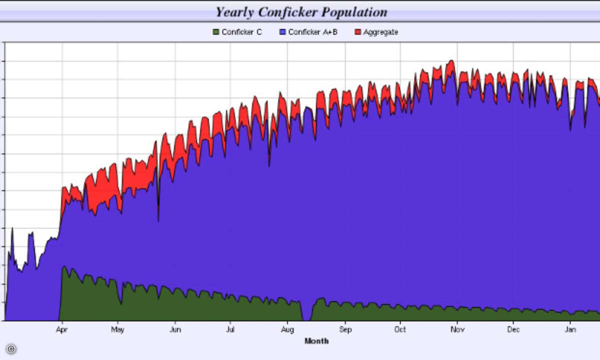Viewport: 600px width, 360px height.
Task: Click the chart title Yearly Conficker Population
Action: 301,11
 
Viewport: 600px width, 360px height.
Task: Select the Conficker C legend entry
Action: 241,32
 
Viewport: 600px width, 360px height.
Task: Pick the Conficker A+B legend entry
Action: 312,32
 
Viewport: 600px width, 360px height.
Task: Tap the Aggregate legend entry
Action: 380,32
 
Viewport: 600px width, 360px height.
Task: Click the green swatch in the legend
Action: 216,32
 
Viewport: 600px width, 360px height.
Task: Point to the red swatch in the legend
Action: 358,32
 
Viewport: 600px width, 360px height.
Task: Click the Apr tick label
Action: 62,329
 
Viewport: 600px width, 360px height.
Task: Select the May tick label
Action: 117,329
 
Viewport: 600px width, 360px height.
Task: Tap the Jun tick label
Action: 175,329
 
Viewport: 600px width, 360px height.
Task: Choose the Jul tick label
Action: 230,329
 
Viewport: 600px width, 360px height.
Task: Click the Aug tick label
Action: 287,329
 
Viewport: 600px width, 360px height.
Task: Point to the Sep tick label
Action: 345,329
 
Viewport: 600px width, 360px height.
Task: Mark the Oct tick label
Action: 400,329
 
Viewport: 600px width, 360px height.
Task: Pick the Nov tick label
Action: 457,329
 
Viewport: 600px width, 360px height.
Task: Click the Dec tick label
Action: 513,329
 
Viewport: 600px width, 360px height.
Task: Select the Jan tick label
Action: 570,329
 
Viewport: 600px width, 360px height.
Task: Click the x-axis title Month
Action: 316,341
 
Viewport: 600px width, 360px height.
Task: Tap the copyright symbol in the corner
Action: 10,349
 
